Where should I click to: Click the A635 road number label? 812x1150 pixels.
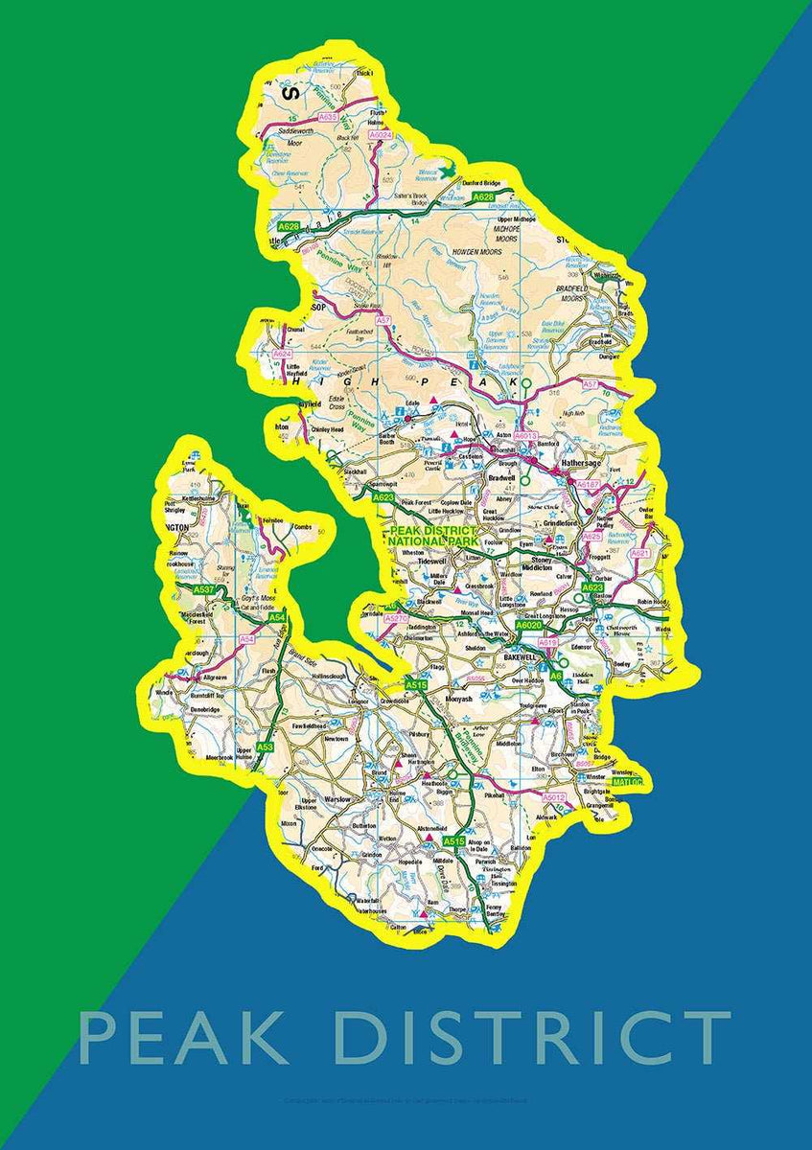[x=328, y=117]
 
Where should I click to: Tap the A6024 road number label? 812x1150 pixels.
[x=382, y=136]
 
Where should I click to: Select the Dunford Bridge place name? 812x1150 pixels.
[x=482, y=182]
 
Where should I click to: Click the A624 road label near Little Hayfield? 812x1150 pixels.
[x=281, y=355]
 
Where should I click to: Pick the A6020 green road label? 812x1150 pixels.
[x=529, y=625]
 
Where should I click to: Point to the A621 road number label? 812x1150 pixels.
[x=640, y=554]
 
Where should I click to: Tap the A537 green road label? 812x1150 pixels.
[x=203, y=589]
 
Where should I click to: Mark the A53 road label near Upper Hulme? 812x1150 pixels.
[x=266, y=747]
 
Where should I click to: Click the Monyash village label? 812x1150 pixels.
[x=459, y=700]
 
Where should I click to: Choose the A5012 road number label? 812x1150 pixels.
[x=554, y=797]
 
